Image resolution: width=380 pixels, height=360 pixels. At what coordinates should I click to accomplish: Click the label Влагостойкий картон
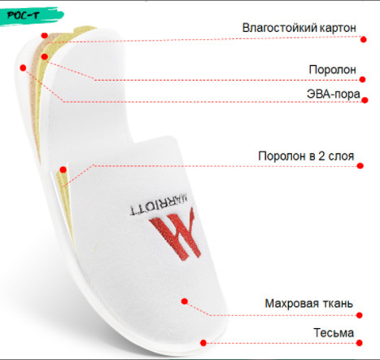pyautogui.click(x=299, y=28)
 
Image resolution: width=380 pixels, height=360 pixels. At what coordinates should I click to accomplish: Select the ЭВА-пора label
pyautogui.click(x=334, y=94)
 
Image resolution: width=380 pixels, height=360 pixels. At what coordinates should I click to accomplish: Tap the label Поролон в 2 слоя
pyautogui.click(x=306, y=156)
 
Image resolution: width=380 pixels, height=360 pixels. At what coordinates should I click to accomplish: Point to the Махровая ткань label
pyautogui.click(x=309, y=303)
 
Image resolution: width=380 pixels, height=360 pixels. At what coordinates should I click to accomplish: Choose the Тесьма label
pyautogui.click(x=334, y=332)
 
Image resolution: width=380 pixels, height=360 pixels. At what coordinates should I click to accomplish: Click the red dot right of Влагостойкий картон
pyautogui.click(x=364, y=39)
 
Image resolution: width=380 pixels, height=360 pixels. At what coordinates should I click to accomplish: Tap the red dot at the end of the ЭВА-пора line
pyautogui.click(x=365, y=100)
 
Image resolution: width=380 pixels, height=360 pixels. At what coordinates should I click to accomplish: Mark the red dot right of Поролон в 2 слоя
pyautogui.click(x=360, y=165)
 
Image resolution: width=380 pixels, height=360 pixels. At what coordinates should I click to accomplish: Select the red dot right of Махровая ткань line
pyautogui.click(x=360, y=315)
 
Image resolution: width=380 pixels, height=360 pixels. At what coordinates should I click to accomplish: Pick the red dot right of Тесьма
pyautogui.click(x=360, y=343)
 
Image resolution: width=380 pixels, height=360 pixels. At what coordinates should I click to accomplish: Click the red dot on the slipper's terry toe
pyautogui.click(x=185, y=301)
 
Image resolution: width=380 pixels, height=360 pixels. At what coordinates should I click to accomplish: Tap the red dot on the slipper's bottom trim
pyautogui.click(x=203, y=343)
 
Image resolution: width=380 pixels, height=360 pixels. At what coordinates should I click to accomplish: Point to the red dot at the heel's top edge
pyautogui.click(x=45, y=35)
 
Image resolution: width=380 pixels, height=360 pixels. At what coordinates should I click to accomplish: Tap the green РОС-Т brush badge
pyautogui.click(x=31, y=15)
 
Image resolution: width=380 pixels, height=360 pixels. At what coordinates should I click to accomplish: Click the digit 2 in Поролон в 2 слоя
pyautogui.click(x=321, y=156)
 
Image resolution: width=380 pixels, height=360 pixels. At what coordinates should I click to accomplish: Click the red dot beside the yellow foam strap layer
pyautogui.click(x=63, y=169)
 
